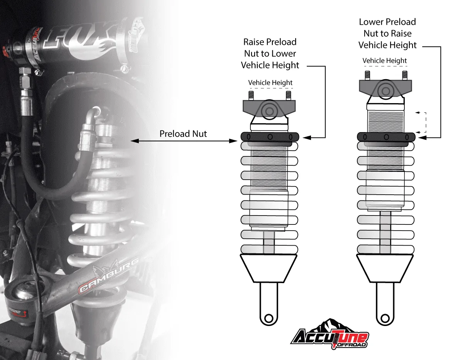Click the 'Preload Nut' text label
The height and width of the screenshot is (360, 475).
[x=183, y=134]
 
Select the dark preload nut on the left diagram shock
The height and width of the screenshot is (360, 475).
[x=270, y=137]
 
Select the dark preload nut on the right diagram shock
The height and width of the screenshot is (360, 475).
[x=386, y=137]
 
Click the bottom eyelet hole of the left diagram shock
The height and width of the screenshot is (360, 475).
[x=269, y=318]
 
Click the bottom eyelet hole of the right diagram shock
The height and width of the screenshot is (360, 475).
[x=385, y=318]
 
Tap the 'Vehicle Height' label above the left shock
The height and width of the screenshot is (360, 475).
[x=270, y=83]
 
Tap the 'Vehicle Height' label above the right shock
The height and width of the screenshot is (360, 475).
[x=385, y=60]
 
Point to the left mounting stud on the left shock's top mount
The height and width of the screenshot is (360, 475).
[x=251, y=95]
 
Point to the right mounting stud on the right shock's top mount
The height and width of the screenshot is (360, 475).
[x=405, y=75]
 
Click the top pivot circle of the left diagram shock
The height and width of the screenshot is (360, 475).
[x=269, y=111]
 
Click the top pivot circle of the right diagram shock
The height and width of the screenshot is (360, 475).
[x=385, y=91]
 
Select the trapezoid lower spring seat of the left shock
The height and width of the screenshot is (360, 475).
[x=268, y=268]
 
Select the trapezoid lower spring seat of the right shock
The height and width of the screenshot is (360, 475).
[x=385, y=268]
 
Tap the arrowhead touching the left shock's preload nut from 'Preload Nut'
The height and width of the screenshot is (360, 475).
[x=233, y=141]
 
